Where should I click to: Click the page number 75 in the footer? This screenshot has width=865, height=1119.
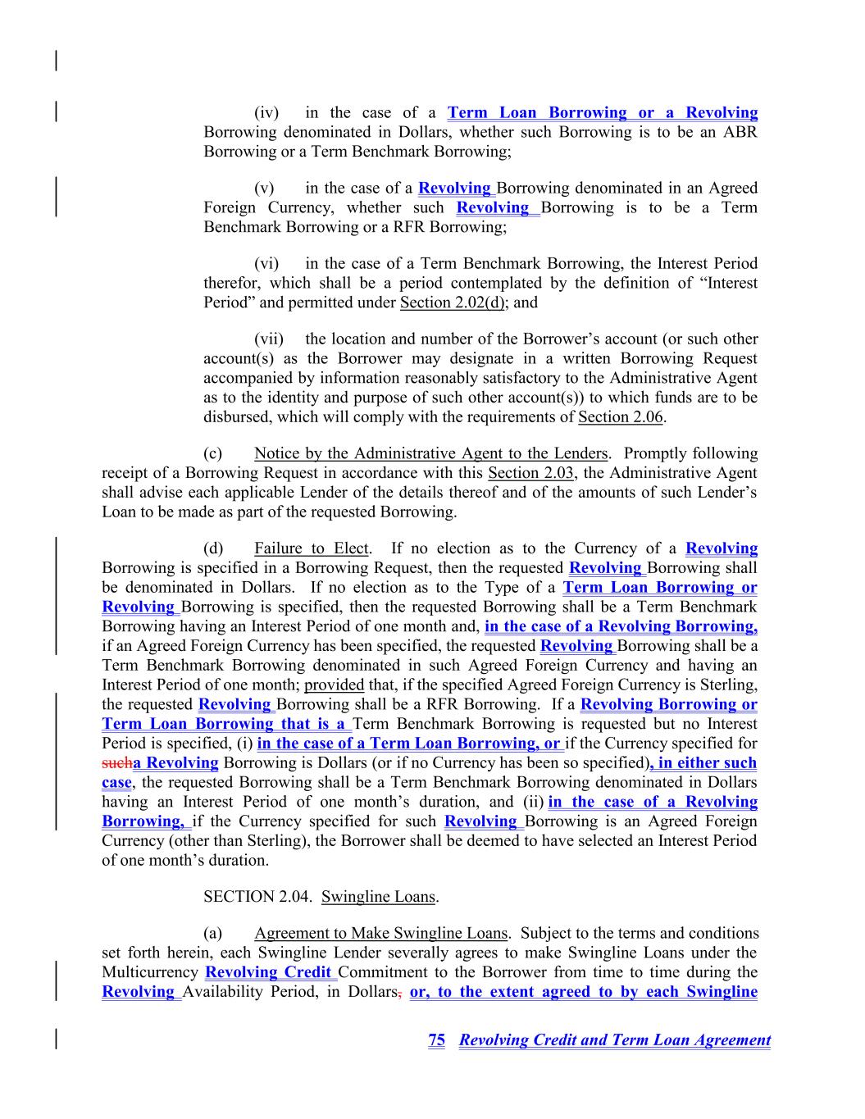(436, 1040)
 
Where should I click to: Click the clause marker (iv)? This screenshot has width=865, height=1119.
(266, 113)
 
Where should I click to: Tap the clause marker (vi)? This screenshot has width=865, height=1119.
(266, 264)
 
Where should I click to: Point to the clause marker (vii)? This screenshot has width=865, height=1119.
(269, 339)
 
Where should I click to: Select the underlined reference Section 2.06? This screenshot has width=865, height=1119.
(621, 417)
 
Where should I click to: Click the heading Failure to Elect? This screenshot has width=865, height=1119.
(312, 548)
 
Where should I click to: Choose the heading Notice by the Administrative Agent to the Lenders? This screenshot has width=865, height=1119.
(431, 453)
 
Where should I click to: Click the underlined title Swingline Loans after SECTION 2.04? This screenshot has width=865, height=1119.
(378, 897)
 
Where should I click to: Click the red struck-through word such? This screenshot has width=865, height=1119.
(116, 763)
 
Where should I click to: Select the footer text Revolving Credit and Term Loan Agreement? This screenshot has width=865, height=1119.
(615, 1040)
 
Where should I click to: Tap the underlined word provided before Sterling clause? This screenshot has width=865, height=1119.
(334, 685)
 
